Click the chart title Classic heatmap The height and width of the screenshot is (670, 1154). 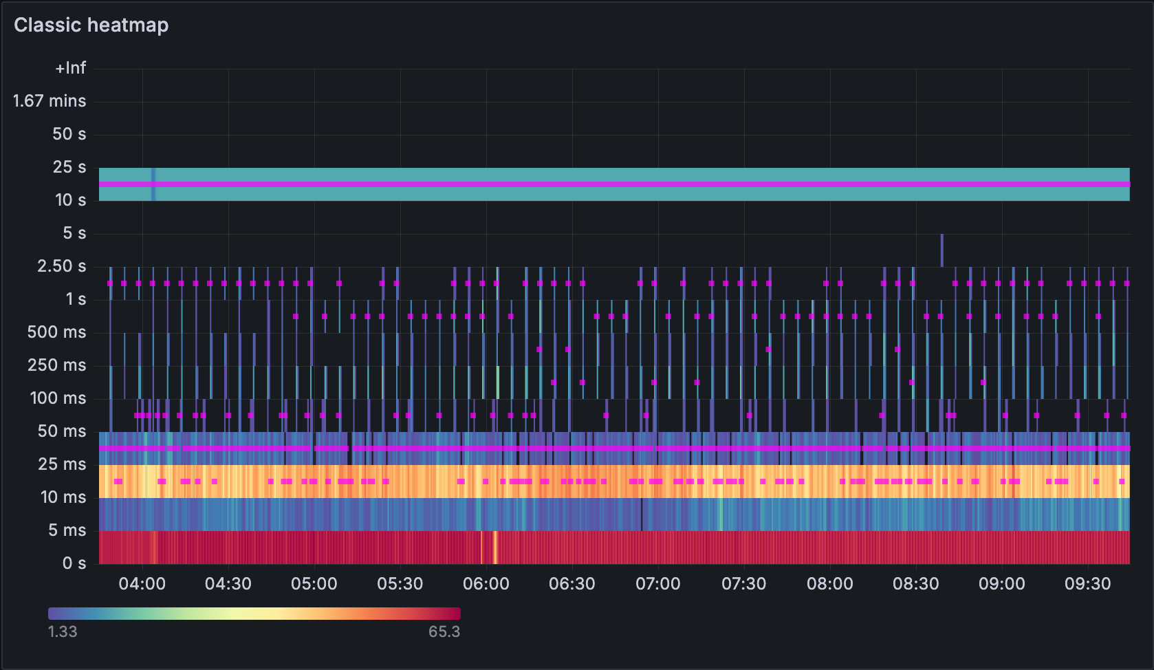(91, 25)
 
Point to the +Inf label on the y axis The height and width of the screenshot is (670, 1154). (71, 68)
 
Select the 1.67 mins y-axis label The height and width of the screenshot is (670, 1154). (50, 101)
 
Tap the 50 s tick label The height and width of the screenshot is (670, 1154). (69, 134)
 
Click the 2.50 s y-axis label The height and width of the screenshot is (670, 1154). (61, 266)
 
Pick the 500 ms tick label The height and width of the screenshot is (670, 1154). (56, 332)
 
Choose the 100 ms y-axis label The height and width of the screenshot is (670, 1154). (58, 398)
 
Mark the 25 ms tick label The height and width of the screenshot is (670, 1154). (62, 464)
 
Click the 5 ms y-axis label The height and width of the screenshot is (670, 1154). (67, 530)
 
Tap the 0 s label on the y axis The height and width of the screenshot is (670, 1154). (74, 563)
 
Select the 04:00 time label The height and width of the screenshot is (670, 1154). (142, 584)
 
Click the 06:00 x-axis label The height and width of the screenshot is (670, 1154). (486, 584)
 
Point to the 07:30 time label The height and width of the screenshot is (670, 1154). (743, 584)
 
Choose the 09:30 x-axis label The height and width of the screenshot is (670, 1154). (1087, 584)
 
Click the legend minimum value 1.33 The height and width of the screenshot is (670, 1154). (62, 631)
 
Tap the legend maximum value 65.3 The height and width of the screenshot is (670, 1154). (444, 631)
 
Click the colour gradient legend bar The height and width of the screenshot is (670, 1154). (254, 614)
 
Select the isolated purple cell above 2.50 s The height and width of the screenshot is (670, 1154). (941, 250)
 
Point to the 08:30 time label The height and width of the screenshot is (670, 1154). (915, 584)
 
